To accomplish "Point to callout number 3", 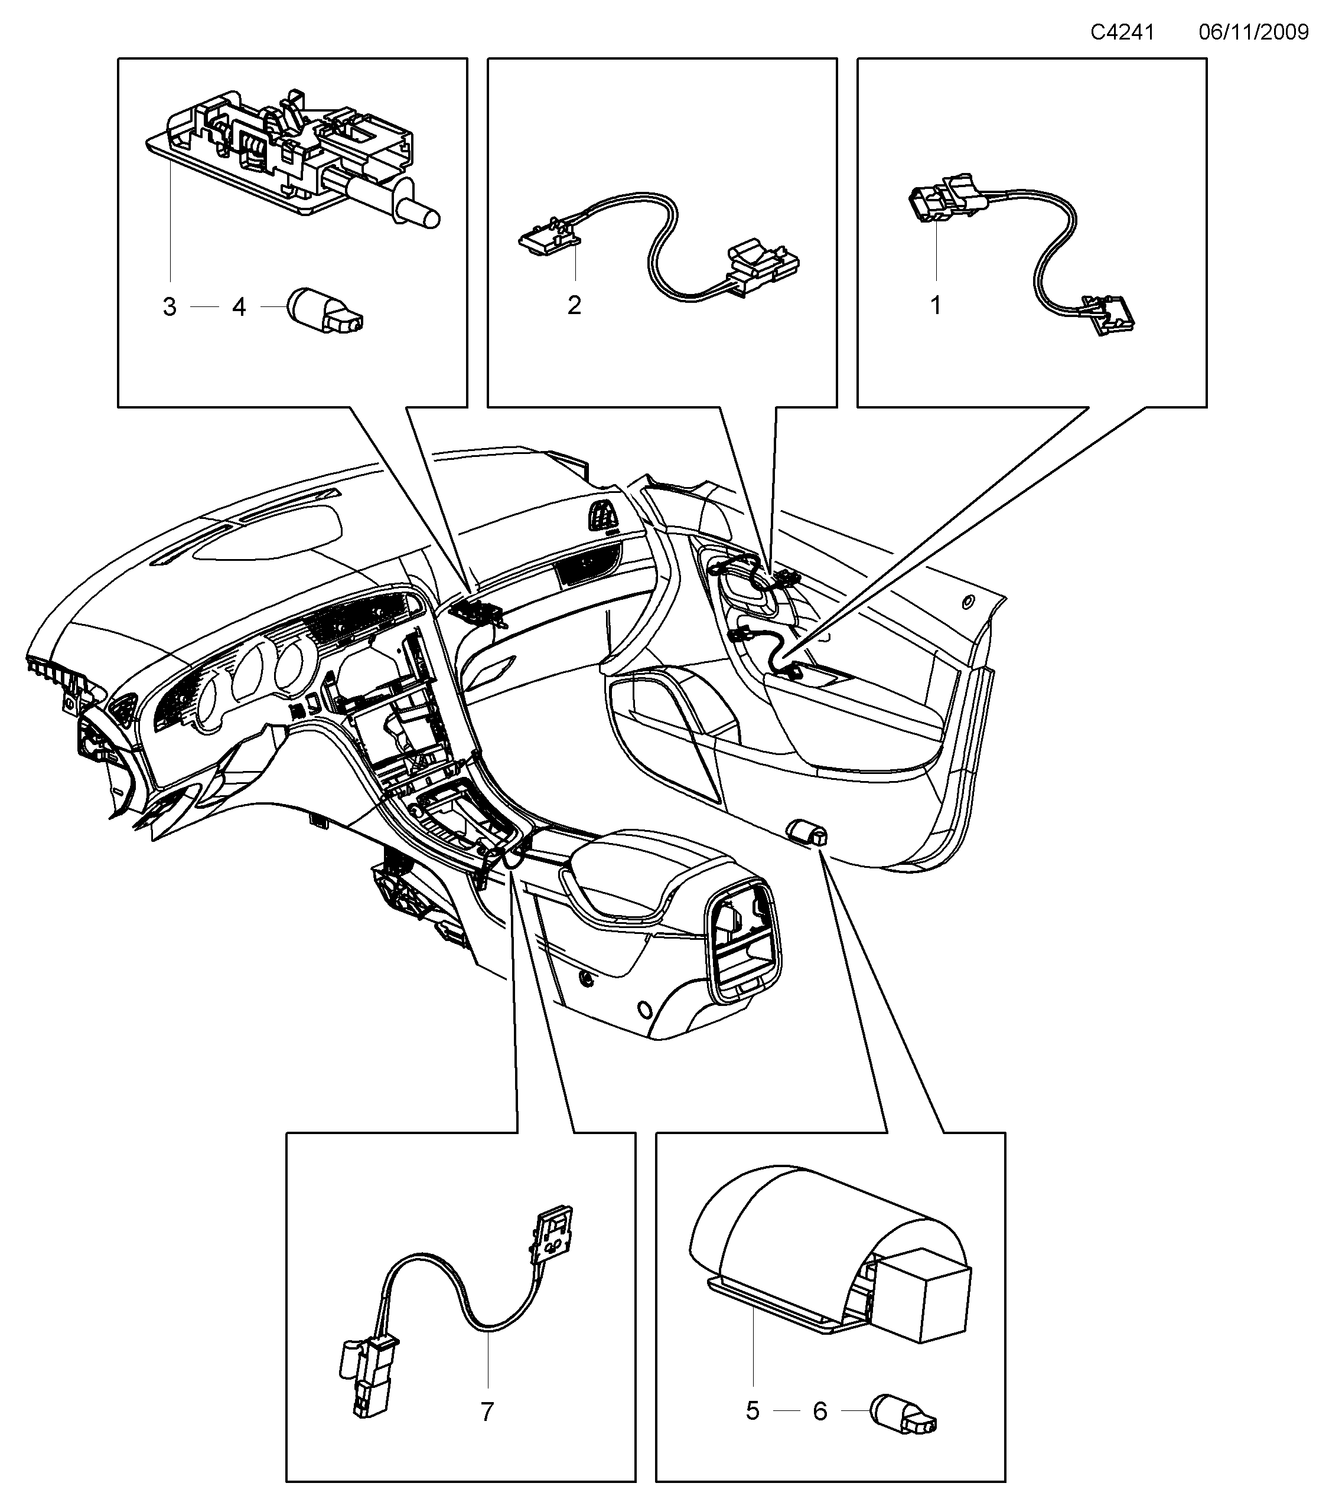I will (x=170, y=307).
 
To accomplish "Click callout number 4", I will (x=239, y=307).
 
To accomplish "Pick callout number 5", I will (x=752, y=1411).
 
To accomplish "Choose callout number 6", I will (x=820, y=1411).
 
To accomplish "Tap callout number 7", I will (x=487, y=1412).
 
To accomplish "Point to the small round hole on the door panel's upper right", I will (x=966, y=602).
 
